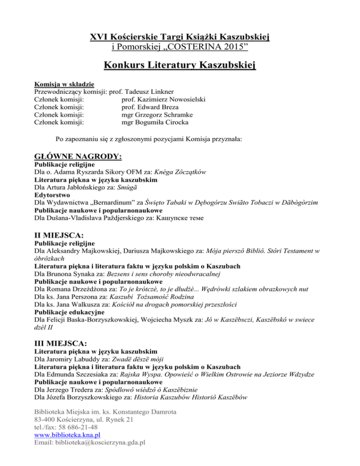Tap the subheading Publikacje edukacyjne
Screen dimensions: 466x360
pyautogui.click(x=70, y=312)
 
